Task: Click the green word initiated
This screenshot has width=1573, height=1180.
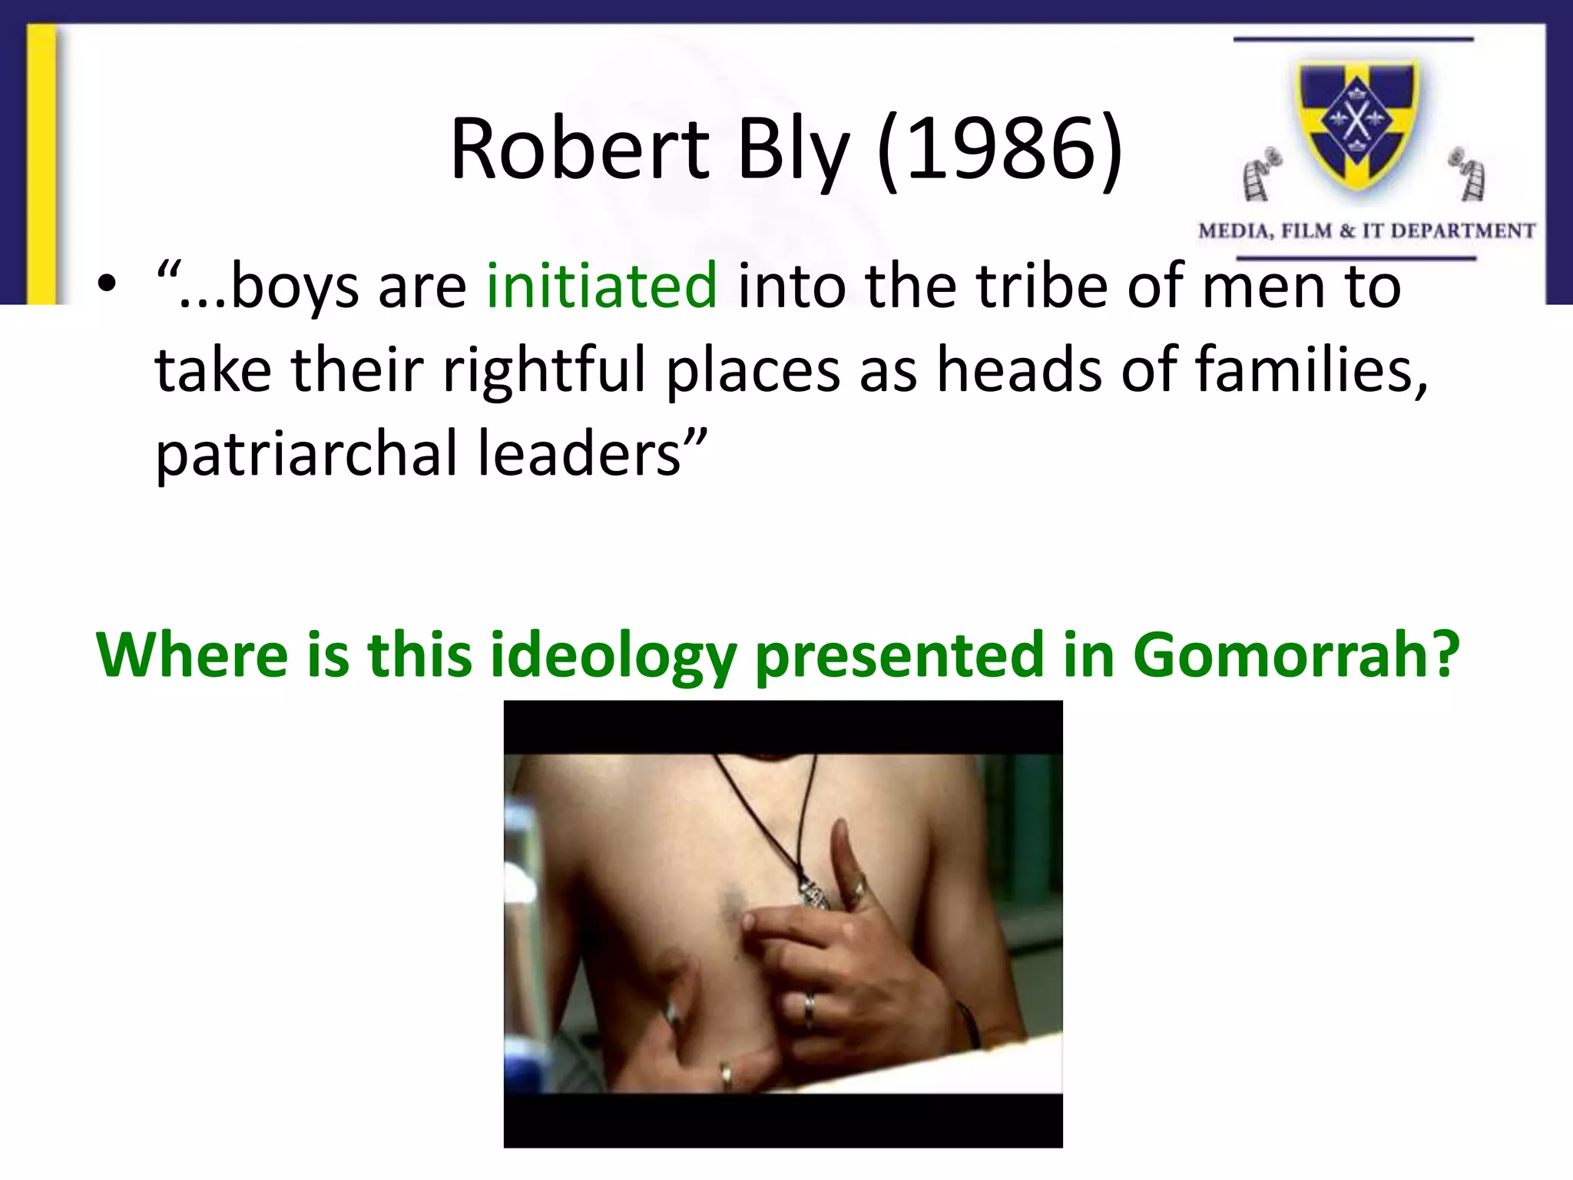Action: tap(602, 286)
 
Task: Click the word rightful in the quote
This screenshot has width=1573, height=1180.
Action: tap(545, 370)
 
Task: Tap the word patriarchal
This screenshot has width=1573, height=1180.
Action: tap(307, 453)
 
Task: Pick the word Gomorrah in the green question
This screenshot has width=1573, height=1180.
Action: tap(1296, 655)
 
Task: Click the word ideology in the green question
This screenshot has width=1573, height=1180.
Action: tap(613, 655)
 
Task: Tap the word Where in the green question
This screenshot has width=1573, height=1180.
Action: tap(192, 655)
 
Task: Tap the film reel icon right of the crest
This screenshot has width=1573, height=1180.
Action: tap(1469, 174)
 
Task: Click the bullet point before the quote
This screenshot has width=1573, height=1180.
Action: tap(107, 286)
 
